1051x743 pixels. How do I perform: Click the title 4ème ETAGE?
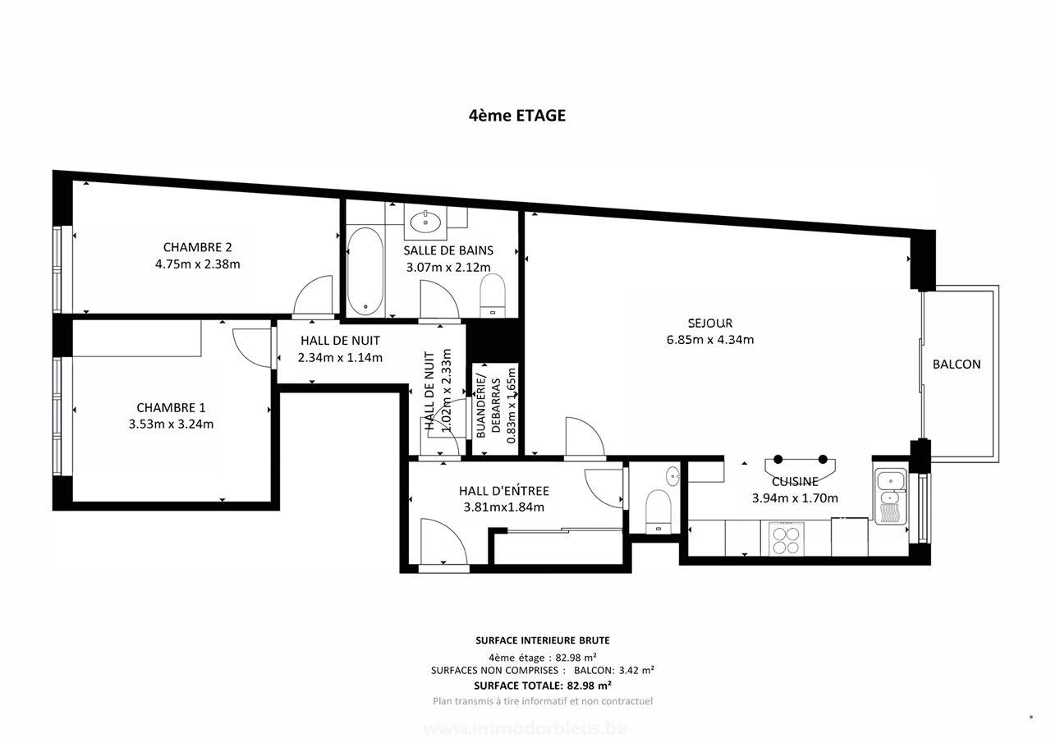pyautogui.click(x=516, y=116)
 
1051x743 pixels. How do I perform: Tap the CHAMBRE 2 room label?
pyautogui.click(x=197, y=247)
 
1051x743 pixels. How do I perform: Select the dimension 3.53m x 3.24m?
pyautogui.click(x=171, y=424)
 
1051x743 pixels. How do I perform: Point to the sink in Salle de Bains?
pyautogui.click(x=426, y=219)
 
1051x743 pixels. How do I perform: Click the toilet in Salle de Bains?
pyautogui.click(x=493, y=295)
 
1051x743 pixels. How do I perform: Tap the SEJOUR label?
pyautogui.click(x=710, y=323)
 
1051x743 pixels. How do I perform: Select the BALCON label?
pyautogui.click(x=957, y=365)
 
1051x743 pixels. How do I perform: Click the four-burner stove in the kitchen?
pyautogui.click(x=786, y=539)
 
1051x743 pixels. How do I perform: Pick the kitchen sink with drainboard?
pyautogui.click(x=890, y=497)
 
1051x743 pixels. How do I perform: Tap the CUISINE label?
pyautogui.click(x=794, y=482)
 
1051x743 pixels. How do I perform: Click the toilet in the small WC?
pyautogui.click(x=659, y=509)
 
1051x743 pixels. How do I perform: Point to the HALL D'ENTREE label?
pyautogui.click(x=503, y=491)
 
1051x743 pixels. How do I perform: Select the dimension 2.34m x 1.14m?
pyautogui.click(x=340, y=357)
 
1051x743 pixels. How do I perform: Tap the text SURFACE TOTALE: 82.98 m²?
pyautogui.click(x=543, y=685)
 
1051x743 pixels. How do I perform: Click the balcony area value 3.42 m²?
pyautogui.click(x=636, y=670)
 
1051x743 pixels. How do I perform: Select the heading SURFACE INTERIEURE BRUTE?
pyautogui.click(x=543, y=640)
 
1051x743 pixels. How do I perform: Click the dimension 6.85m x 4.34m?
pyautogui.click(x=710, y=340)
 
